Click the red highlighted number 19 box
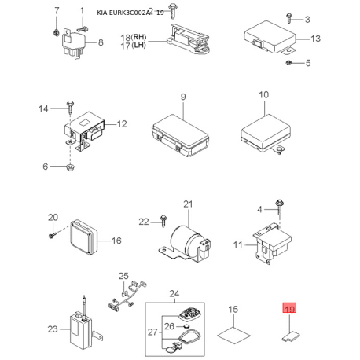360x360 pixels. [289, 310]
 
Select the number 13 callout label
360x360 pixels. [315, 39]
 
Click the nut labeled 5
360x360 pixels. [288, 62]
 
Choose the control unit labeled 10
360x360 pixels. [263, 127]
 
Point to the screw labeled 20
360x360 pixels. [53, 230]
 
